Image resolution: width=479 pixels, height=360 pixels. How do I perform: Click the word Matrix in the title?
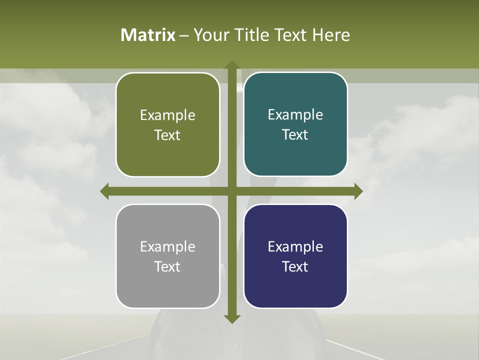(148, 35)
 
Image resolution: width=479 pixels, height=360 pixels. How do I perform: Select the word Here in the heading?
(331, 35)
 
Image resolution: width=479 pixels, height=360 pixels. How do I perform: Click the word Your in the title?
(211, 35)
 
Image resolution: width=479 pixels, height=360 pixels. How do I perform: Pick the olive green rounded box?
(168, 124)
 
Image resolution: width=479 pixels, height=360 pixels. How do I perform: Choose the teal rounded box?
(295, 124)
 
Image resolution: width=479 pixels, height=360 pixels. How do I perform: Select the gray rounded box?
(168, 256)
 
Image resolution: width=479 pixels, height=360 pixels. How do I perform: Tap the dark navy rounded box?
(295, 256)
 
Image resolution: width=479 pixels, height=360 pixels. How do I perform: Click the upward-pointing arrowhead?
(232, 65)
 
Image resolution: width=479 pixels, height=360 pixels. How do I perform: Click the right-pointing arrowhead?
(358, 191)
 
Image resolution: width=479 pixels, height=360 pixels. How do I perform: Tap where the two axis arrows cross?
(232, 191)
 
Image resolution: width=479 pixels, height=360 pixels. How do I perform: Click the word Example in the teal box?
(295, 114)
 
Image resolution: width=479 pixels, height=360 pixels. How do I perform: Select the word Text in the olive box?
(167, 135)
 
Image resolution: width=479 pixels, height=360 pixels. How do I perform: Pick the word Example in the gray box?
(168, 246)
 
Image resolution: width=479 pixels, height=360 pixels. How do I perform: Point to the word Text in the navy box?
(295, 266)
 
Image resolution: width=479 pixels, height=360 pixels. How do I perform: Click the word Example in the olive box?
(168, 115)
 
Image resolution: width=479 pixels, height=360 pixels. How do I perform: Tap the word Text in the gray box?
(167, 266)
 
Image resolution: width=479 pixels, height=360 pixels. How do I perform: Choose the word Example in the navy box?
(295, 246)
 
